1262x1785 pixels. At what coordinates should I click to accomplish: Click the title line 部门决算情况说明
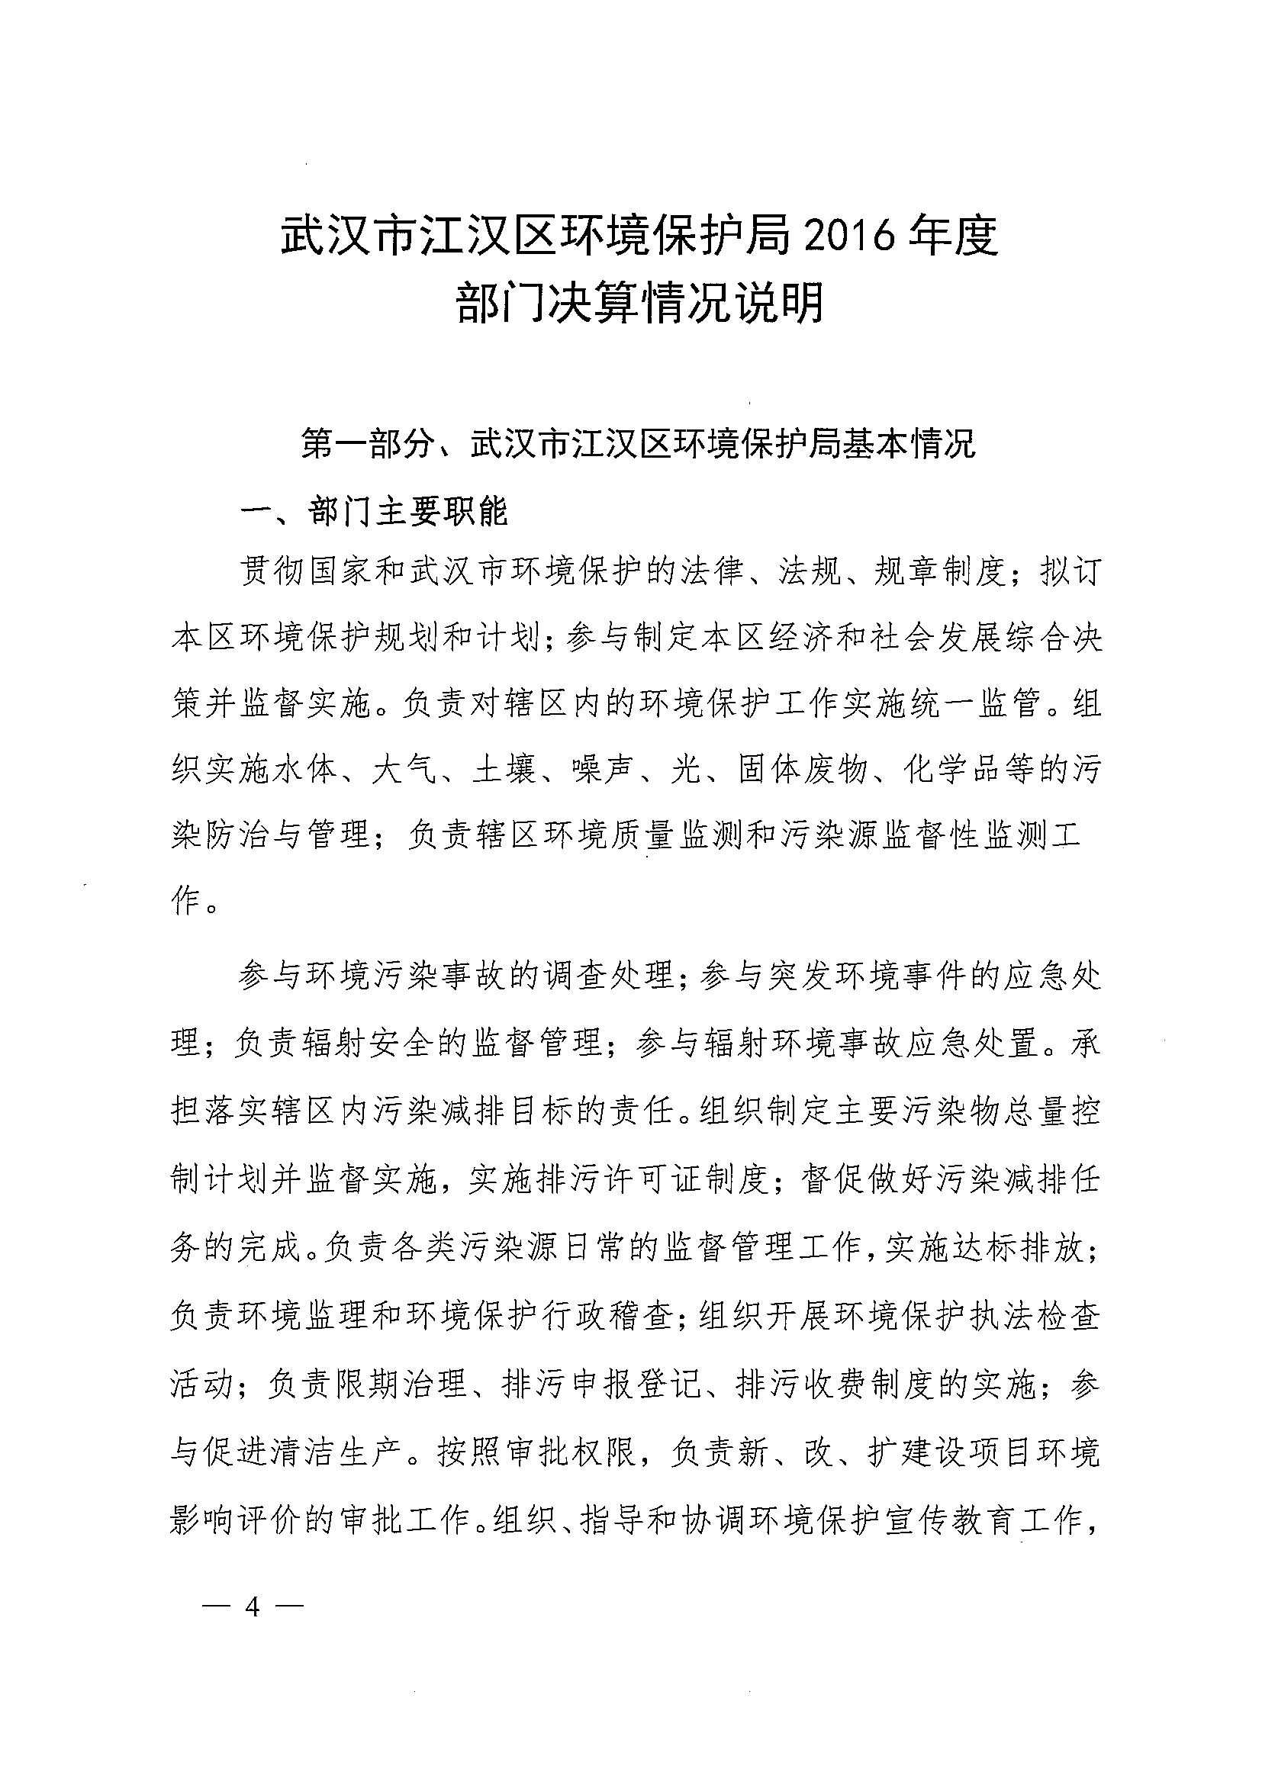[x=639, y=303]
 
